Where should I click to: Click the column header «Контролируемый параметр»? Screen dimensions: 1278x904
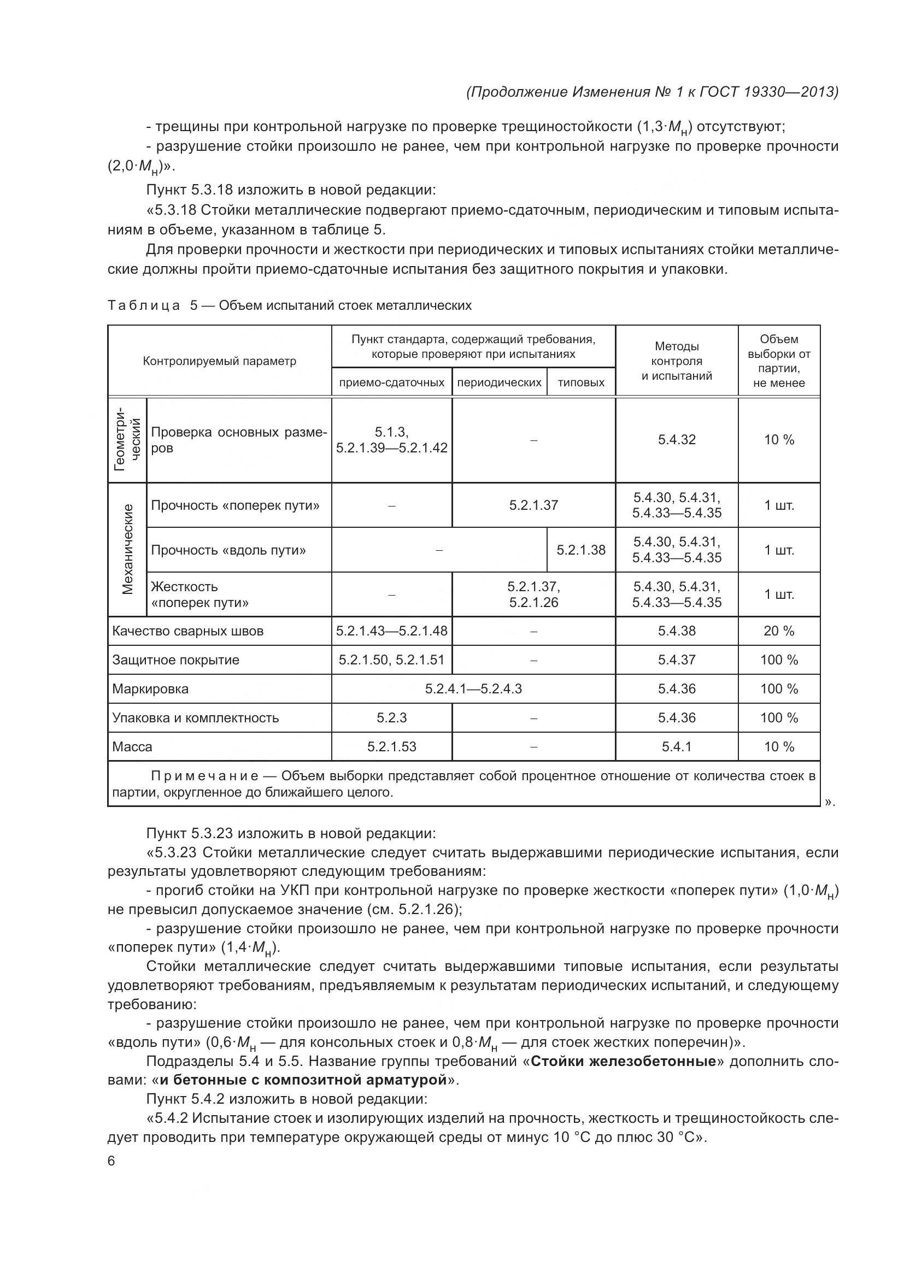(219, 361)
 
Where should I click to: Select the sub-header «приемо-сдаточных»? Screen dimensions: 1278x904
(391, 382)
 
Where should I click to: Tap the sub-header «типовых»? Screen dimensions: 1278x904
(580, 382)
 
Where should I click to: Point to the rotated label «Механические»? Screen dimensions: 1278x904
(127, 549)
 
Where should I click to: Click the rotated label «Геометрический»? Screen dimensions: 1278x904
(127, 440)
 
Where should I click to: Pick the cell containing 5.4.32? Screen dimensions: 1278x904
(676, 440)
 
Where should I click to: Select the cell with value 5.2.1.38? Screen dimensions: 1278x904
(580, 550)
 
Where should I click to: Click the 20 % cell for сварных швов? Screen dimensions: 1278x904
(778, 631)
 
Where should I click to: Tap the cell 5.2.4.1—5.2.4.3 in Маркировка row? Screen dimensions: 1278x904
(473, 688)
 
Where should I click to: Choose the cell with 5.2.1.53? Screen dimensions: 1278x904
(391, 746)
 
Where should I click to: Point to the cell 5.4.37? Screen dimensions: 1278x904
(676, 659)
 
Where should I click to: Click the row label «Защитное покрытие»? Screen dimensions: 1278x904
(176, 659)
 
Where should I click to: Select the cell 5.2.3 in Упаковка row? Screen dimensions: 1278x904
(391, 717)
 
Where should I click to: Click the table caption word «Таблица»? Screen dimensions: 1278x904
(144, 305)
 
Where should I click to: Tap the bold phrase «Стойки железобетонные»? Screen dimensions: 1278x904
(623, 1061)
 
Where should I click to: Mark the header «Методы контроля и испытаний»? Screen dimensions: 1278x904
(676, 361)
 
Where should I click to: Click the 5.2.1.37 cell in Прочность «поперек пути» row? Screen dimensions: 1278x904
(533, 505)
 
